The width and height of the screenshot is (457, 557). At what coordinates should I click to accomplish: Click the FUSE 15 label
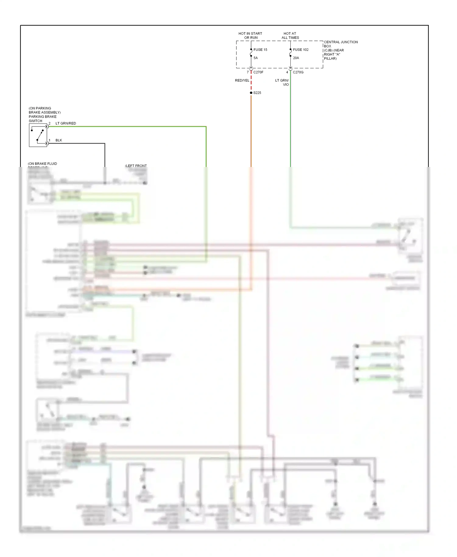tap(260, 50)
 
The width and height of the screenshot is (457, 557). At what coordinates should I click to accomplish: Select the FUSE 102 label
tap(300, 50)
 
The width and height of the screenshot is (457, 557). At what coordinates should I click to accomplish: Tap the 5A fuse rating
tap(256, 58)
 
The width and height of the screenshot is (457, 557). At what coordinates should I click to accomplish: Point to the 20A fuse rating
tap(296, 58)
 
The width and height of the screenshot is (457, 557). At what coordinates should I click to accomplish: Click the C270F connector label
tap(258, 72)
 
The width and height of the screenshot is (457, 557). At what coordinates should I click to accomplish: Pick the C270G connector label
tap(298, 72)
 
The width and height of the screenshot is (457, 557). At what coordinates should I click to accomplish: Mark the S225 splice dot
tap(251, 93)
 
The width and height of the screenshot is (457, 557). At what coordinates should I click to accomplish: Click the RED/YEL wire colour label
tap(242, 80)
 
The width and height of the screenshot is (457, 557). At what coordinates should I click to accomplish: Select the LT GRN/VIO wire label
tap(282, 82)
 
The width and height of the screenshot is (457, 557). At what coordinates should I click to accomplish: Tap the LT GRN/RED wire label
tap(66, 123)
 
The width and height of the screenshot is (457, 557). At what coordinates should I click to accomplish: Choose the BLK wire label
tap(59, 140)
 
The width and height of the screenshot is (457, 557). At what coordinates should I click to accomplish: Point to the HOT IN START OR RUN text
tap(250, 36)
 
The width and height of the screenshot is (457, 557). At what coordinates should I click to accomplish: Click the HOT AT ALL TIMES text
tap(290, 36)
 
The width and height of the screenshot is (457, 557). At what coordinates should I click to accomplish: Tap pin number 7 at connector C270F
tap(248, 72)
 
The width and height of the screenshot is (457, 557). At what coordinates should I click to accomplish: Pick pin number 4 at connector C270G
tap(287, 72)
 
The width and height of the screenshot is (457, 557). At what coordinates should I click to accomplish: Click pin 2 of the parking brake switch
tap(49, 123)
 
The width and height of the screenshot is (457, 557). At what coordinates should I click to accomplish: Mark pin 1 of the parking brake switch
tap(49, 140)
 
